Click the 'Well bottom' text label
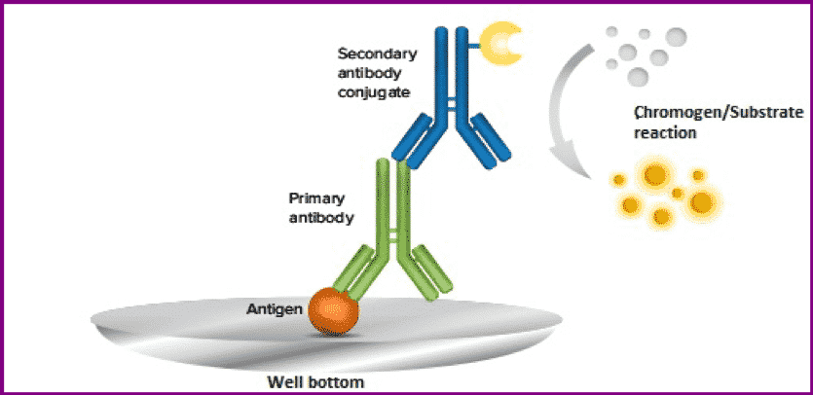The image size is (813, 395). tap(315, 381)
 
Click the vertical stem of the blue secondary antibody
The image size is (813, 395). tap(450, 68)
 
